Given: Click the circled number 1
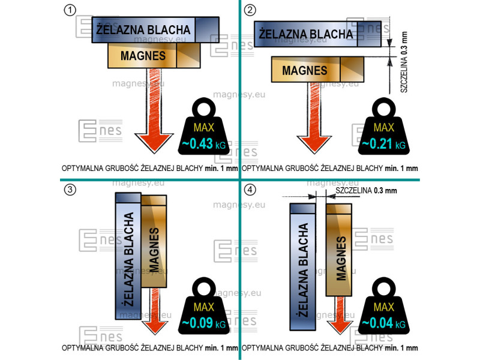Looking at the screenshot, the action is (x=70, y=10).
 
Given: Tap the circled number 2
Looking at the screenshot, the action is (x=250, y=10).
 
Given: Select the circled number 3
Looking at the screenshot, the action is (x=70, y=190).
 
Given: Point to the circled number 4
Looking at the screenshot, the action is (x=250, y=190).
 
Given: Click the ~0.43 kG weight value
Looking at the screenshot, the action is (x=204, y=144).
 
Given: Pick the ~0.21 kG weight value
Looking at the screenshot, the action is (x=384, y=144).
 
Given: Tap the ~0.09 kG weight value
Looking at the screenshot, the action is (x=204, y=323).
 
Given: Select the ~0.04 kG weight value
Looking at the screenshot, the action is (x=384, y=323).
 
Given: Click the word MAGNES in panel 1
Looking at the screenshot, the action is (x=143, y=56).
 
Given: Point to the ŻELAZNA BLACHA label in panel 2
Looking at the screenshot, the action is (x=306, y=34).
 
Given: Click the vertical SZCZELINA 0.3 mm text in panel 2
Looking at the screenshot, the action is (x=404, y=62).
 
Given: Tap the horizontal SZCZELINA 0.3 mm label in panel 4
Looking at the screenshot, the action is (x=366, y=190).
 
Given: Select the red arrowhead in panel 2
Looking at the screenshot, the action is (x=314, y=145).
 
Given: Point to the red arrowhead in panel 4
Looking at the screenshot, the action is (x=340, y=327).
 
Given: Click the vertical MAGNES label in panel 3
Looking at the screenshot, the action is (x=154, y=250).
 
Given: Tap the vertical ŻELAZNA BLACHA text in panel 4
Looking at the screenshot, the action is (x=303, y=270).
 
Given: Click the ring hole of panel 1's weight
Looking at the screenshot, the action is (x=204, y=109).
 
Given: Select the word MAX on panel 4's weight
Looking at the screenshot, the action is (x=384, y=307).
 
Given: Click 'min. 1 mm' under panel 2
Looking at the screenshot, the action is (x=401, y=168).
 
